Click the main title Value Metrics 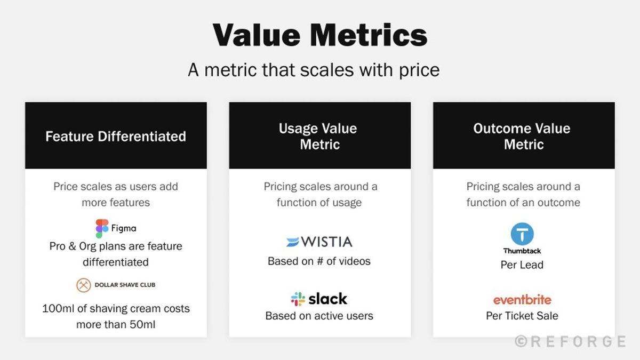tap(320, 36)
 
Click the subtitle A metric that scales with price tap(314, 70)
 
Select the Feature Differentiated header tap(116, 137)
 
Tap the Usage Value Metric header tap(319, 137)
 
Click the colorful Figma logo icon tap(102, 228)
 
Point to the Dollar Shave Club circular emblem tap(84, 285)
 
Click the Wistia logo tap(319, 242)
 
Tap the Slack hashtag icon tap(298, 299)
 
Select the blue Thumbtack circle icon tap(522, 234)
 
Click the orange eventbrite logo tap(522, 300)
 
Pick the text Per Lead tap(522, 265)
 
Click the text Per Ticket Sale tap(522, 316)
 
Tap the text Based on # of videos tap(319, 261)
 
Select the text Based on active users tap(319, 316)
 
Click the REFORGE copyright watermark tap(570, 341)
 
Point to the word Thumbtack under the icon tap(522, 251)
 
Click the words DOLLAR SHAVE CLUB tap(125, 285)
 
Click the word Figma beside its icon tap(123, 228)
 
